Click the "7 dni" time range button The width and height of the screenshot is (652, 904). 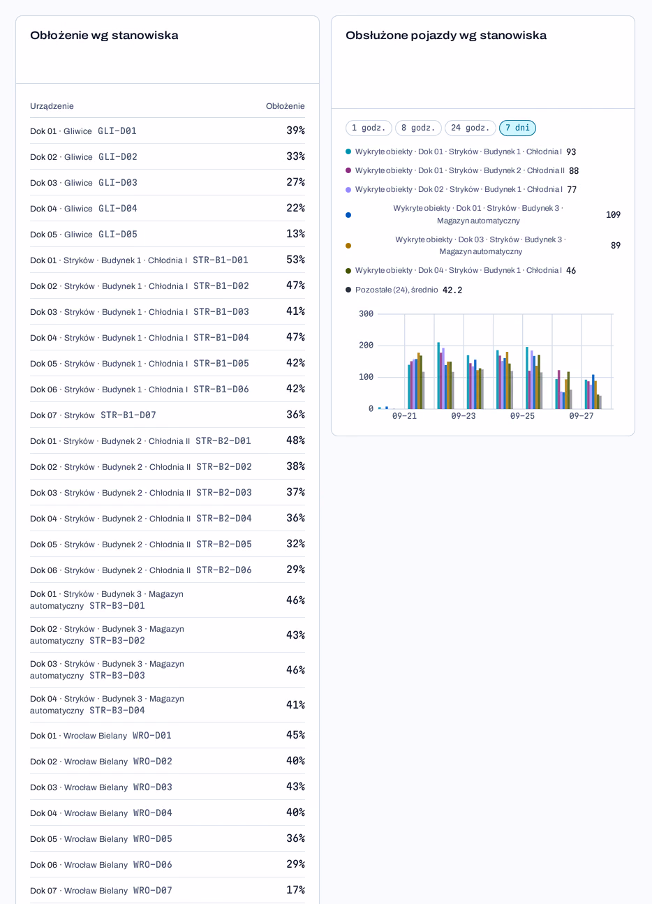point(517,128)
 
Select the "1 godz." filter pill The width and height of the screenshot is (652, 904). point(369,128)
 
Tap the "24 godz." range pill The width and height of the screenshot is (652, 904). point(470,128)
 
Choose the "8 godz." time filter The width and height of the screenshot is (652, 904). point(418,128)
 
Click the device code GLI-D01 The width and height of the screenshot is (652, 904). point(117,131)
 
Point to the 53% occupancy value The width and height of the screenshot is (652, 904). point(295,260)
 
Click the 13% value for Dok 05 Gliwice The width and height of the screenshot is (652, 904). point(295,234)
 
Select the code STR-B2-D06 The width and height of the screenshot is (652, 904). point(224,570)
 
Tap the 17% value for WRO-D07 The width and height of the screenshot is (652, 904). point(295,889)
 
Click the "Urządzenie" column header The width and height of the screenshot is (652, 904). point(52,106)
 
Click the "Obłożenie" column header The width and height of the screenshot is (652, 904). point(285,106)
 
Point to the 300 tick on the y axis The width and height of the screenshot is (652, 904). point(366,313)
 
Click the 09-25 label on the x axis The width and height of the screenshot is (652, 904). point(522,416)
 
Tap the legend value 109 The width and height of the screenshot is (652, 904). point(613,215)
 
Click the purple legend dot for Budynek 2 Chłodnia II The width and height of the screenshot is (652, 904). point(348,170)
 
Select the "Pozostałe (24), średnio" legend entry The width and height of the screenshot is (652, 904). point(397,290)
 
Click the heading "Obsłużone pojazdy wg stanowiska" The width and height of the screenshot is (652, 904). point(446,36)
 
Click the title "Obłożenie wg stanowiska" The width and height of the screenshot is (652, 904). point(104,36)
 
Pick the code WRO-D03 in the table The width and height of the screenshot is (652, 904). point(152,787)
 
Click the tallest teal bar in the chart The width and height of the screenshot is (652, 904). point(438,376)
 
